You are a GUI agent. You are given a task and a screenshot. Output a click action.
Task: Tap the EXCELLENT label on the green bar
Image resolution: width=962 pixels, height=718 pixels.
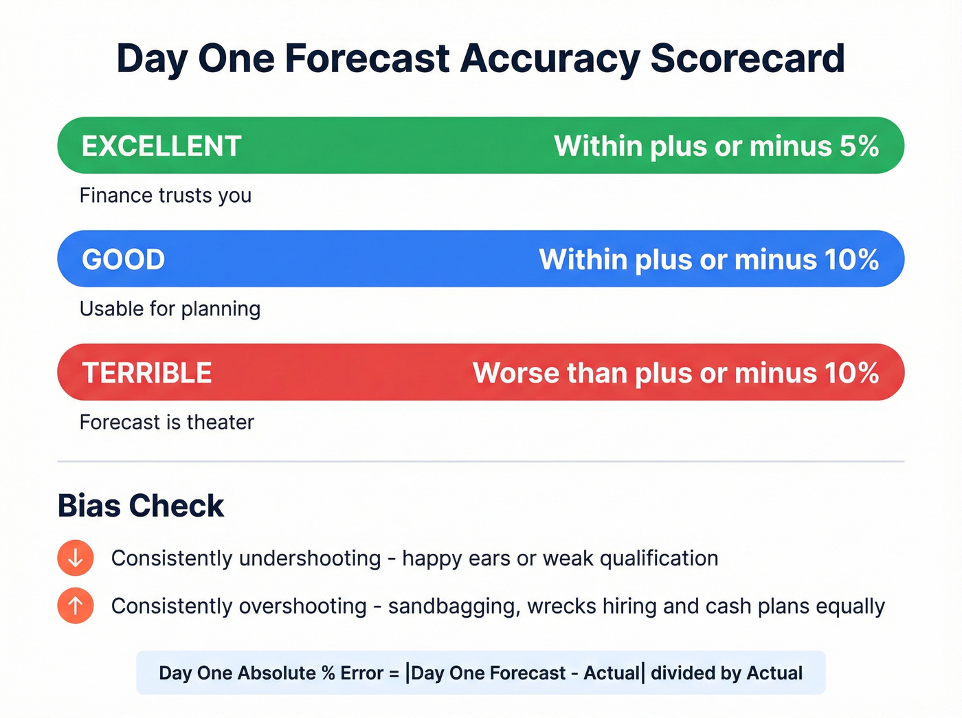click(x=161, y=146)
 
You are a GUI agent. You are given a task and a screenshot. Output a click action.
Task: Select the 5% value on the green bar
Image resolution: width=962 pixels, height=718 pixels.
click(x=859, y=146)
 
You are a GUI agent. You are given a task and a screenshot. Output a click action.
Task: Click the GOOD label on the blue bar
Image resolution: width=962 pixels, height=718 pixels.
click(x=124, y=260)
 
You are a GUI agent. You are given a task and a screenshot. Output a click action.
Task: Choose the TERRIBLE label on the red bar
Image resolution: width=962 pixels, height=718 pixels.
click(x=147, y=373)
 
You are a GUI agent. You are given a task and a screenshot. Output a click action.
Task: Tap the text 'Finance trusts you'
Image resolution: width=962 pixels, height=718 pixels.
click(x=166, y=196)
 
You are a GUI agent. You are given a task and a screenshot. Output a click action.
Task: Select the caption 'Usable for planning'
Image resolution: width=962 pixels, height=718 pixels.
click(x=170, y=309)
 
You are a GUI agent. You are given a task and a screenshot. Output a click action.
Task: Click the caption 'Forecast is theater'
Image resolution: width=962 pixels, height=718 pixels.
click(x=167, y=422)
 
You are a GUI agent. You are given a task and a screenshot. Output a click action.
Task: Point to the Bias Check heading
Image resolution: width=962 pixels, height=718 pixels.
click(x=141, y=506)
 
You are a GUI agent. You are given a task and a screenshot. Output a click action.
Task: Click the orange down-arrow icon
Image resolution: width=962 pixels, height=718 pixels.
click(x=76, y=558)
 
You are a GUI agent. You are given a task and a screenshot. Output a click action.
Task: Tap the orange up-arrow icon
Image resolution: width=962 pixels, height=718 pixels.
click(x=76, y=606)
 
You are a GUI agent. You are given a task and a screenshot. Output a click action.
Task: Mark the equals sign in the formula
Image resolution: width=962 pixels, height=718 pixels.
click(x=394, y=673)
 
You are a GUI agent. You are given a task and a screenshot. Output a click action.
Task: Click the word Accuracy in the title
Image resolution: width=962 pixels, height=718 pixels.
click(x=550, y=58)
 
